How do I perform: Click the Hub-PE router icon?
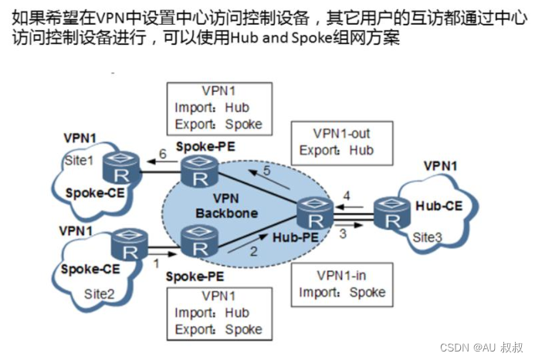pos(316,209)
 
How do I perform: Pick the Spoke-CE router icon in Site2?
pos(126,248)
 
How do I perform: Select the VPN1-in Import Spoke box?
pos(341,284)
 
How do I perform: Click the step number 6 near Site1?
pos(162,152)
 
